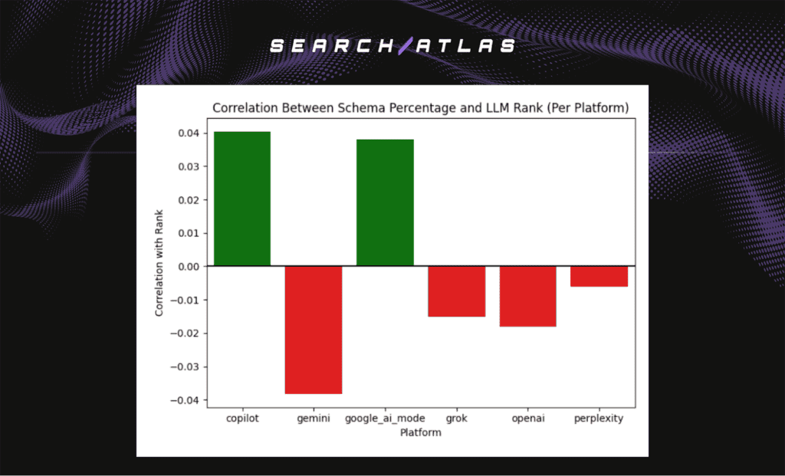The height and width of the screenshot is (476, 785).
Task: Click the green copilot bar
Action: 241,199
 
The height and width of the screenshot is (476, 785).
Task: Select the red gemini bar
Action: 314,330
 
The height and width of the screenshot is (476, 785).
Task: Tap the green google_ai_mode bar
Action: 385,202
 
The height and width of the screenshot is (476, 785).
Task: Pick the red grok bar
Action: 457,291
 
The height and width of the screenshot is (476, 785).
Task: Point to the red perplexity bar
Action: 599,277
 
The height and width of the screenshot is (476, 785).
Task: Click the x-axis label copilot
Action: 241,419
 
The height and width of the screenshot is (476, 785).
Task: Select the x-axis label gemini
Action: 314,419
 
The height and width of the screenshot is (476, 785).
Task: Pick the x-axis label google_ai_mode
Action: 385,419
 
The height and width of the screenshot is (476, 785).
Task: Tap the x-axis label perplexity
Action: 599,419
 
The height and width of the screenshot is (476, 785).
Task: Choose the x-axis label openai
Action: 528,419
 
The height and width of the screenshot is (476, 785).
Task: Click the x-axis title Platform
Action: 420,432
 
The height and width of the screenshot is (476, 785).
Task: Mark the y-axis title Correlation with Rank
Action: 159,267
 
